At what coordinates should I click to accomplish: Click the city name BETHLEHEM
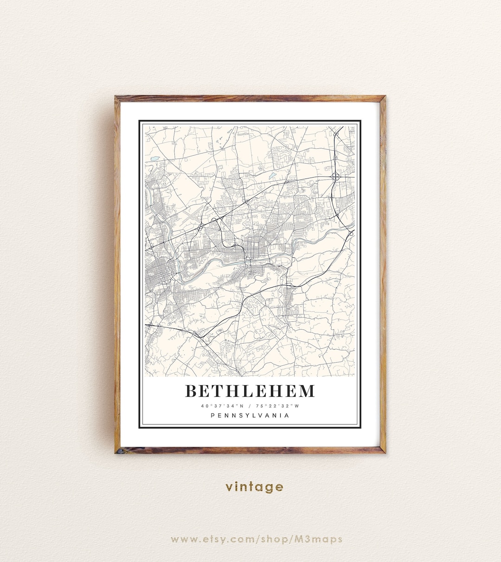click(250, 391)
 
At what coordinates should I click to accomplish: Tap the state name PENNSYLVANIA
click(250, 415)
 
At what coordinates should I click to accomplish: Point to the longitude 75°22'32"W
click(281, 406)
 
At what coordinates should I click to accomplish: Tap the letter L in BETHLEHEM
click(249, 391)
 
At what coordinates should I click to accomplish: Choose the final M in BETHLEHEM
click(307, 391)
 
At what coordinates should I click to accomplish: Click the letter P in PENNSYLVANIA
click(213, 415)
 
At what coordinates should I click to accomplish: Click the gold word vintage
click(254, 487)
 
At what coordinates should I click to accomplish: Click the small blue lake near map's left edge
click(154, 159)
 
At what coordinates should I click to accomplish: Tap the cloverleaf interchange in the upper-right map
click(335, 176)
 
